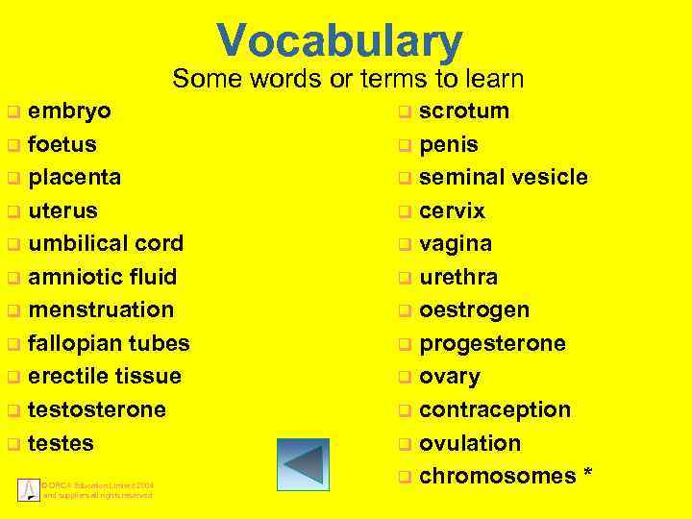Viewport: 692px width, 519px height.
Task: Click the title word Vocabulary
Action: pos(340,41)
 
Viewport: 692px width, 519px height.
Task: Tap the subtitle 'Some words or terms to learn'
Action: pos(348,79)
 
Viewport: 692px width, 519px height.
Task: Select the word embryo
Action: pos(69,111)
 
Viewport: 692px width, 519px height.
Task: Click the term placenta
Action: pos(75,177)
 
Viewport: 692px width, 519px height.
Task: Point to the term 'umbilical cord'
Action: pos(106,243)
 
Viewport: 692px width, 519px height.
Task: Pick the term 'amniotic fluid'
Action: pos(103,277)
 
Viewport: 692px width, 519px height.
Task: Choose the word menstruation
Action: pos(101,309)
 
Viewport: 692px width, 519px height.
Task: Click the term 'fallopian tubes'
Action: pos(109,343)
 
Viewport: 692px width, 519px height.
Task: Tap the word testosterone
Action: pos(97,409)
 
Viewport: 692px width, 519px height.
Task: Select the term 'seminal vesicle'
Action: pos(504,177)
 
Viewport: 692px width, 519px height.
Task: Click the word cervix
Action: pos(453,210)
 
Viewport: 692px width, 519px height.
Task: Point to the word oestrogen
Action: pos(475,309)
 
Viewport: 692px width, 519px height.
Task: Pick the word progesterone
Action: pos(493,343)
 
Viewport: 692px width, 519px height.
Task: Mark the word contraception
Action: pos(495,409)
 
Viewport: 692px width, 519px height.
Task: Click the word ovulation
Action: pos(470,443)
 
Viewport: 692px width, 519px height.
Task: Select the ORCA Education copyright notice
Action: pos(97,489)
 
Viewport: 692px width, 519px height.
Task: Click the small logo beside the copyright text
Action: pos(28,488)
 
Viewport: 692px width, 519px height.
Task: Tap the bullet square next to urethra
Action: pos(406,278)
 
